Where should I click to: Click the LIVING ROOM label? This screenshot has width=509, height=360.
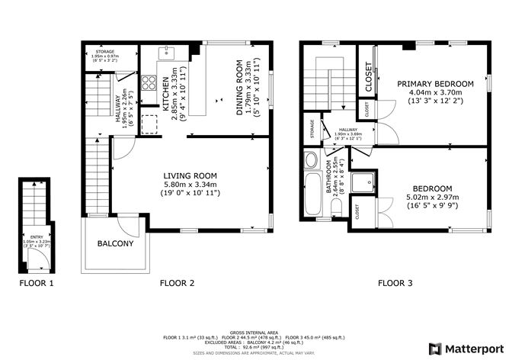click(190, 175)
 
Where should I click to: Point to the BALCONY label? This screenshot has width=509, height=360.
click(115, 244)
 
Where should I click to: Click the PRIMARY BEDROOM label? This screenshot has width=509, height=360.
click(435, 83)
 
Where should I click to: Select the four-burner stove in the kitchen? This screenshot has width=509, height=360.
click(149, 83)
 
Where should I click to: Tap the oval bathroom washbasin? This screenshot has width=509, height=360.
click(311, 160)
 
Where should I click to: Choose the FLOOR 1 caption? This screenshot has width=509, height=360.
click(37, 283)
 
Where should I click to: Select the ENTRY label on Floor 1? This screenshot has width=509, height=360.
click(37, 237)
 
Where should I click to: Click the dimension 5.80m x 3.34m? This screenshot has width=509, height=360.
click(190, 184)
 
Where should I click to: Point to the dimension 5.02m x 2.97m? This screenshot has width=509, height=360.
click(433, 197)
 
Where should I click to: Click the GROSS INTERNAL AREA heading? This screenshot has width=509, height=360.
click(255, 333)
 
